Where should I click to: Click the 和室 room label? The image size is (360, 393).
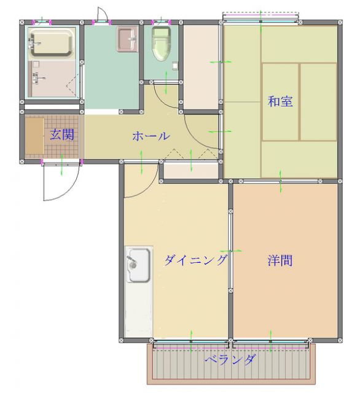(280, 101)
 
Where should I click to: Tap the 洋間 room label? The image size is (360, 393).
(280, 260)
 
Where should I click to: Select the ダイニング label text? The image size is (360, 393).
(195, 260)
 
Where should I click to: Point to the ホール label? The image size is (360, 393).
(151, 136)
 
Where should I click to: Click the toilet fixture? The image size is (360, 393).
(161, 44)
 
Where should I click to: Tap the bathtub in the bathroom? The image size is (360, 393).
(52, 43)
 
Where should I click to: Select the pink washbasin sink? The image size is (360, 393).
(127, 39)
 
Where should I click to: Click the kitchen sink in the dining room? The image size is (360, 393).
(138, 265)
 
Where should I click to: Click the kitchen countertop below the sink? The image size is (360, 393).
(138, 310)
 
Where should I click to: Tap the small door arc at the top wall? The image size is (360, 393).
(103, 14)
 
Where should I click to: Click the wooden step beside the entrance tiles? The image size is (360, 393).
(33, 136)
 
